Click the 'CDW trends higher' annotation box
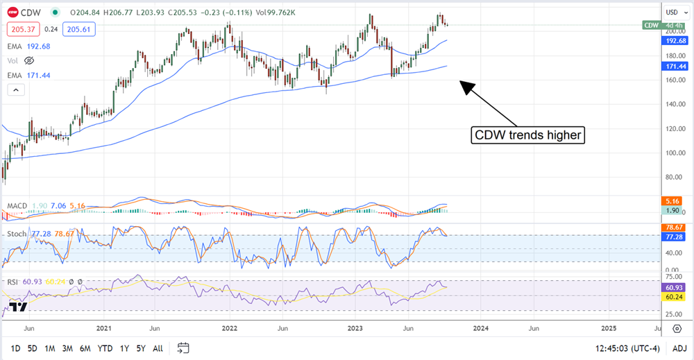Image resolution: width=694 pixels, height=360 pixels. [527, 135]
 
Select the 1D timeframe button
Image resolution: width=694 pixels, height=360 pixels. [15, 348]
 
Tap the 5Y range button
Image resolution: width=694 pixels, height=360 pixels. [142, 348]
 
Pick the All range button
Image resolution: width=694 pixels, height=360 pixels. [158, 348]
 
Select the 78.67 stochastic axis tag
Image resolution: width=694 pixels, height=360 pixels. [674, 228]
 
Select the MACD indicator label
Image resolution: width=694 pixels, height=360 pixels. [17, 206]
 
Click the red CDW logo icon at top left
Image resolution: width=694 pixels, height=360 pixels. [11, 12]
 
